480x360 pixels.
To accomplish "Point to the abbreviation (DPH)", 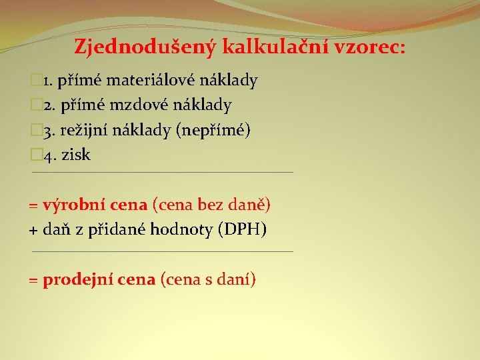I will (x=242, y=230).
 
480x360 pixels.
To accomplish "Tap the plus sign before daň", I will (x=33, y=231).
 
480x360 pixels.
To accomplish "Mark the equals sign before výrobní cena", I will (x=33, y=205).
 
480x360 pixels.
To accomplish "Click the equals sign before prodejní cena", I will (x=33, y=281).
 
